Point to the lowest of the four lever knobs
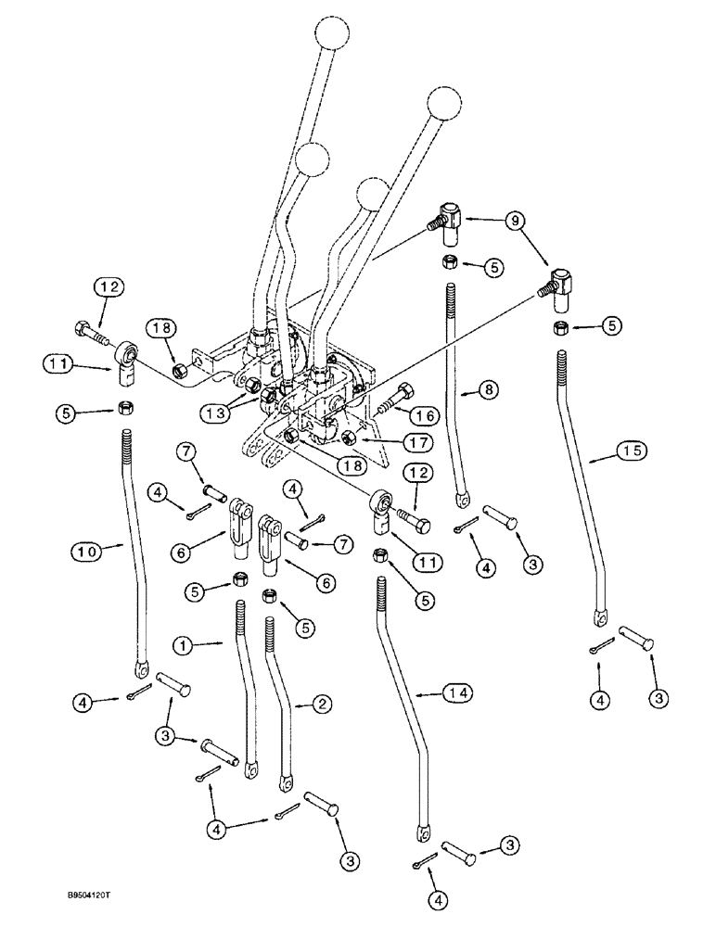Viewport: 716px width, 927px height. point(372,196)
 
